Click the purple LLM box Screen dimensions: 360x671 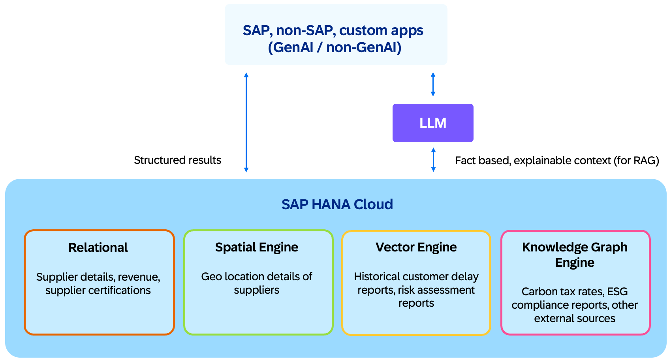[x=433, y=123]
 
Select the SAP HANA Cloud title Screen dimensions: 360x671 [x=337, y=204]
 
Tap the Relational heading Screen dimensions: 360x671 [x=98, y=247]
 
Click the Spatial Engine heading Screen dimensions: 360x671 [x=256, y=247]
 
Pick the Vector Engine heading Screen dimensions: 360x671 [x=416, y=247]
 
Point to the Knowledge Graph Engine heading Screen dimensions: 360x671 [x=575, y=255]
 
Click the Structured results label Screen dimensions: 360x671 [x=177, y=160]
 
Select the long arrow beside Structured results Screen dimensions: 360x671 [x=246, y=122]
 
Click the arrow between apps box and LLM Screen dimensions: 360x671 [x=433, y=84]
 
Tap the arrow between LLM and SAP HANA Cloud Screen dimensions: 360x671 [x=433, y=159]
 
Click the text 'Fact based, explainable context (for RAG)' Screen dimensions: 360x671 [x=557, y=160]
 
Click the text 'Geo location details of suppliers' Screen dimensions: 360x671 [x=256, y=283]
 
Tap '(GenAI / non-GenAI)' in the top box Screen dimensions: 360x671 [x=335, y=47]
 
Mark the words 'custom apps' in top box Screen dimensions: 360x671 [x=381, y=30]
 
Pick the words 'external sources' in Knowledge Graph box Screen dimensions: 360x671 [x=575, y=318]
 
